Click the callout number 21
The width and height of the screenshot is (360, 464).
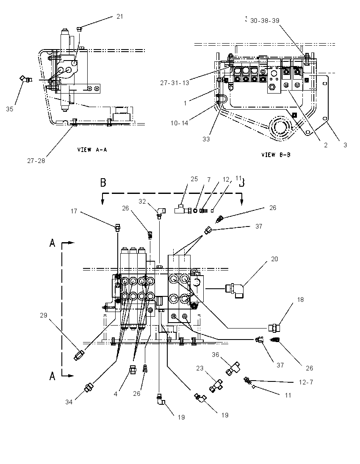119,16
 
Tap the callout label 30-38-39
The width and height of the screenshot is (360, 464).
265,21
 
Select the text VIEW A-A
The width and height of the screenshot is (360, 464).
92,150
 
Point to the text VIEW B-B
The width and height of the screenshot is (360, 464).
276,155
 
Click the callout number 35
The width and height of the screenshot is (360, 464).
9,109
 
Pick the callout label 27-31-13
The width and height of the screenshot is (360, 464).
174,83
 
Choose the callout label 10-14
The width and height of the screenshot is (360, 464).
180,123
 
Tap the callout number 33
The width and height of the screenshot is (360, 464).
206,139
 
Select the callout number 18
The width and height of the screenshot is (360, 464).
300,300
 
